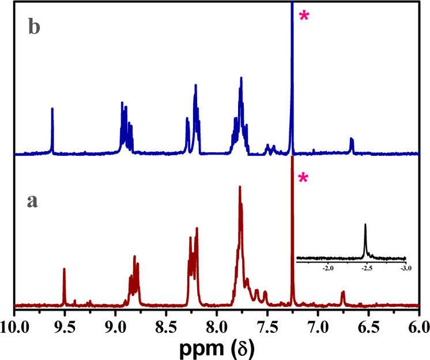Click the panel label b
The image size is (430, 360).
35,29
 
